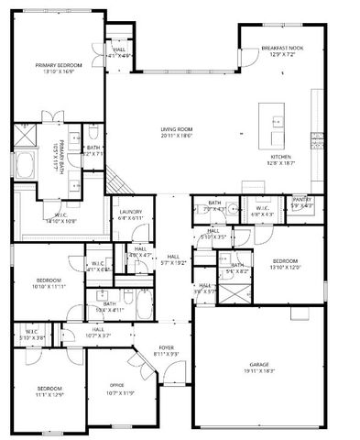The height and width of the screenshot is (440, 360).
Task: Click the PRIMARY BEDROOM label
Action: click(59, 65)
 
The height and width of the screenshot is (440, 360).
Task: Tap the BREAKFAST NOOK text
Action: click(281, 48)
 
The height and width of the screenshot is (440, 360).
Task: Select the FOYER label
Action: click(166, 347)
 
